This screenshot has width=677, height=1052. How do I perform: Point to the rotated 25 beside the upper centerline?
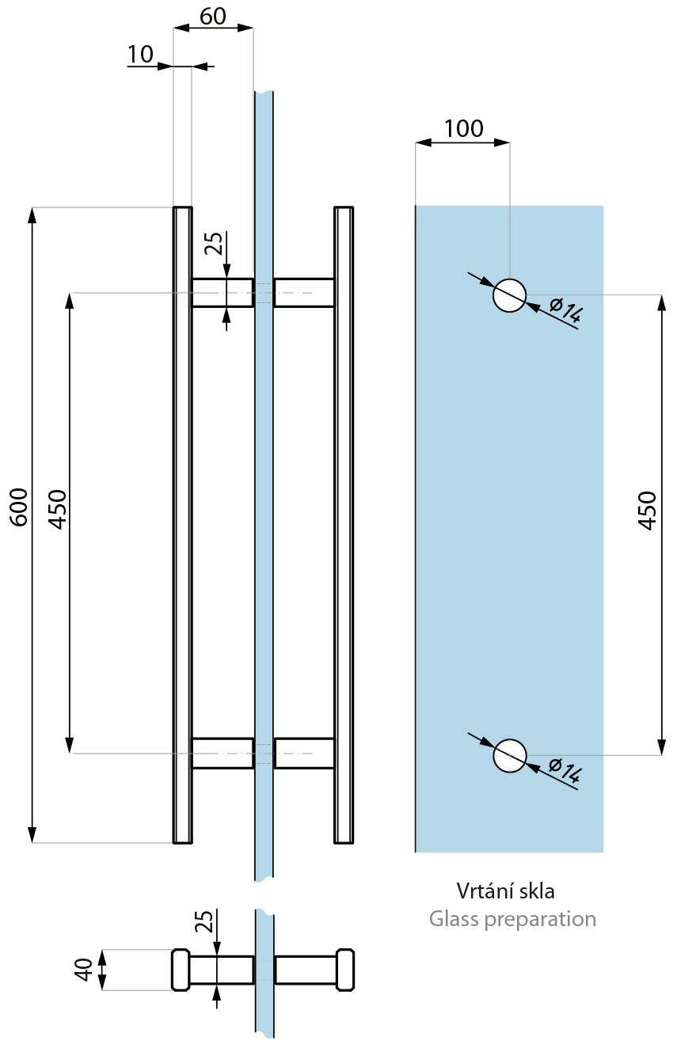213,244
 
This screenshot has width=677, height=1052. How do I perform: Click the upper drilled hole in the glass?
510,295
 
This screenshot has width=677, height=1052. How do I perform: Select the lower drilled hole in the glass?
510,755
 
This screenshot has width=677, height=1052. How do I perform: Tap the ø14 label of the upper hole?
565,310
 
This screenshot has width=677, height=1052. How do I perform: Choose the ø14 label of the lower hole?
565,771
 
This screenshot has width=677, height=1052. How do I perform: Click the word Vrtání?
481,891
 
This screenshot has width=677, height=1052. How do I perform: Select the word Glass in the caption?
451,919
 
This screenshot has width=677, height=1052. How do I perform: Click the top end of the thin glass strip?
264,94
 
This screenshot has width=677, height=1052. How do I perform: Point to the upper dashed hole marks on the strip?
264,293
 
